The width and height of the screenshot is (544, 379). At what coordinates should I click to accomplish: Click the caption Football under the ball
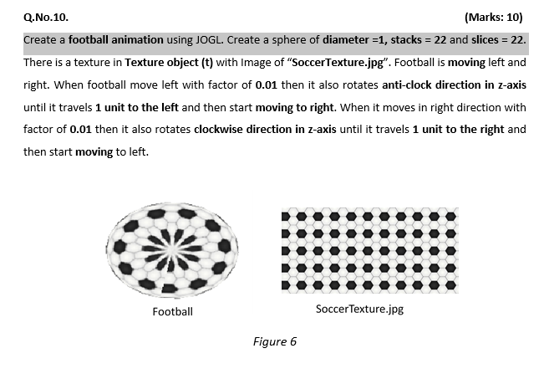(172, 312)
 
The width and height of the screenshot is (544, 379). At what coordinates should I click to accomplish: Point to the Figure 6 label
(274, 341)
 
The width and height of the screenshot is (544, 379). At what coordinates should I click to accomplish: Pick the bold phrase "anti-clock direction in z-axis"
(455, 85)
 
